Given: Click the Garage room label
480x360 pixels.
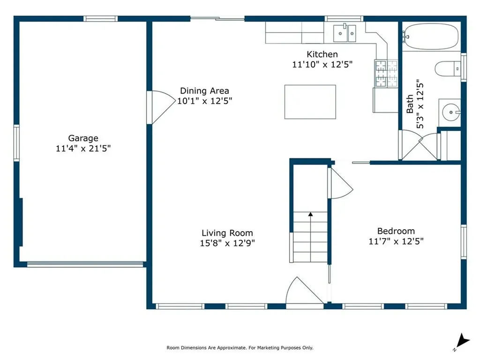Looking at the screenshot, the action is pos(83,138).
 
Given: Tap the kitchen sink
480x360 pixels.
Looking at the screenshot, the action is pos(345,33).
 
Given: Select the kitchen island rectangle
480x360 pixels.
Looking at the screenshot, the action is pos(310,102).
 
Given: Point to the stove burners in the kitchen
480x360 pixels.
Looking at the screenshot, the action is pos(386,74).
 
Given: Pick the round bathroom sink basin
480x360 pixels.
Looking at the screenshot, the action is pos(451,112).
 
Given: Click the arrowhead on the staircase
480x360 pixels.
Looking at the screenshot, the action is pos(310,214).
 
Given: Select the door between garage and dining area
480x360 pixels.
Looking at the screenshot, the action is pos(161,107).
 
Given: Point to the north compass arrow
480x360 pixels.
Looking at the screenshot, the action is pos(462,341).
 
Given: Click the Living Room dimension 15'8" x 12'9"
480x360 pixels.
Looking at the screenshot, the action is pos(227,243).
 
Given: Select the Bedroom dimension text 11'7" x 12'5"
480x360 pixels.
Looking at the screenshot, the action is pos(396,241).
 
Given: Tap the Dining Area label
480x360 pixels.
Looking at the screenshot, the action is pos(204,91).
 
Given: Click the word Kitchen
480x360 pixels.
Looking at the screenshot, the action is pos(322,54).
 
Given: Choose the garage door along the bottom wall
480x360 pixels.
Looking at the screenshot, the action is pos(85,264).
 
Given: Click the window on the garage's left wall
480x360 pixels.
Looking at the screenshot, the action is pos(16,142).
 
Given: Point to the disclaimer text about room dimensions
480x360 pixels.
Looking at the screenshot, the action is pos(240,348).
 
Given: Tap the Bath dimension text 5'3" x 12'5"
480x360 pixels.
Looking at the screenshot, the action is pos(420,104).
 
